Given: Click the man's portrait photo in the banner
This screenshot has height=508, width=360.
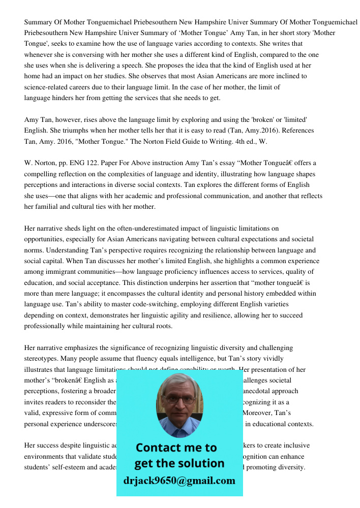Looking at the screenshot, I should (179, 401).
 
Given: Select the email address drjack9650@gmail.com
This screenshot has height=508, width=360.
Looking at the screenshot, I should (179, 481).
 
